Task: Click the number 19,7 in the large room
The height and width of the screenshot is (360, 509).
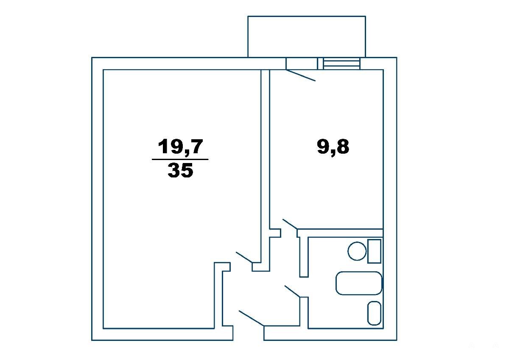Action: pos(180,147)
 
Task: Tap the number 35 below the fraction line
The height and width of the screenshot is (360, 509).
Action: pos(180,170)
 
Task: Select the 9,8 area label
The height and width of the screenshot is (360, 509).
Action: pos(333,147)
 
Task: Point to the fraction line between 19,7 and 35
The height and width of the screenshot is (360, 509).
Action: pos(180,160)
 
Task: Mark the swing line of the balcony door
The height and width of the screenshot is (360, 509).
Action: pos(301,75)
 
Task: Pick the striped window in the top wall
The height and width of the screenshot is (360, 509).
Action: pos(342,63)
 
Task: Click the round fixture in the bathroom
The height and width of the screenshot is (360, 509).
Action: pos(357,251)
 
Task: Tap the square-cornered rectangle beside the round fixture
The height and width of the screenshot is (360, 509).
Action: pos(374,251)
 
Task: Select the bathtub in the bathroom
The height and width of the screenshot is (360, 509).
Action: pos(359,283)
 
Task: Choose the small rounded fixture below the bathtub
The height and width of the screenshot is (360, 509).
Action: pos(374,313)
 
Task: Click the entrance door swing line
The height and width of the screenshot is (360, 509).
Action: pos(251,319)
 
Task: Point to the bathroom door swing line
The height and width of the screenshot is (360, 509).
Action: pos(293,292)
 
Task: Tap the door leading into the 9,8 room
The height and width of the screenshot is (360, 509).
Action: pos(290,224)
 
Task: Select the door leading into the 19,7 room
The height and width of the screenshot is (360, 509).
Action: pos(244,257)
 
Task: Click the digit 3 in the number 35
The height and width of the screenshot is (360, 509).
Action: pos(174,170)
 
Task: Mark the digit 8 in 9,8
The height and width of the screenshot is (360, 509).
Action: pos(342,147)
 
